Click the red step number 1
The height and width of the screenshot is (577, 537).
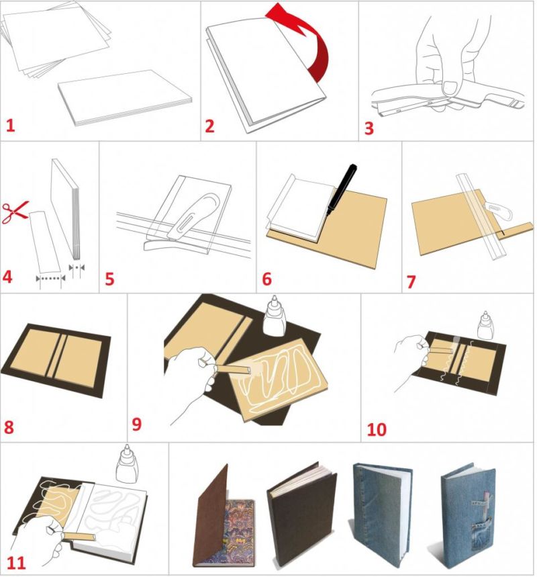[x=10, y=126]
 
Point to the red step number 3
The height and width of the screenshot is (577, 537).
[x=369, y=128]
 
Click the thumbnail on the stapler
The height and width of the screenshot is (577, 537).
[x=450, y=87]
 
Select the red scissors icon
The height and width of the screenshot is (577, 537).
[x=15, y=212]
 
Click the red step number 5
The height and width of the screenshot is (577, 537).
[x=109, y=279]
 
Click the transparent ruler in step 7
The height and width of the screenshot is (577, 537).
[x=481, y=217]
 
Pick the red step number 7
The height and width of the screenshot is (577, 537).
[x=411, y=281]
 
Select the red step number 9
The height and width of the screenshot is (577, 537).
[x=136, y=425]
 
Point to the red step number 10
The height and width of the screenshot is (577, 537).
[x=377, y=429]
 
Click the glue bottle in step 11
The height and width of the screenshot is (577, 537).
[x=126, y=463]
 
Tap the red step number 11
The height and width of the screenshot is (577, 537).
[x=16, y=563]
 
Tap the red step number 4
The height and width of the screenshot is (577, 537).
[x=7, y=277]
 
